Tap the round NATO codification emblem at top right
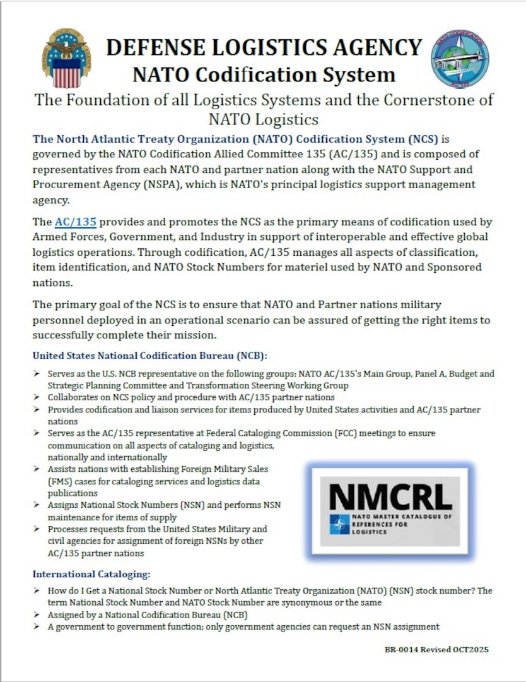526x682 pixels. tap(459, 59)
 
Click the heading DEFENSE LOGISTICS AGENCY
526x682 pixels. tap(264, 47)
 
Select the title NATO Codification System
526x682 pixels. tap(264, 75)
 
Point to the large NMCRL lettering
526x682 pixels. tap(390, 497)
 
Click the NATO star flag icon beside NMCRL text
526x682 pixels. tap(339, 524)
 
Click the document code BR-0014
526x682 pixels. tap(402, 649)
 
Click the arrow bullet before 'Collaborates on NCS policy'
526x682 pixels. tap(38, 397)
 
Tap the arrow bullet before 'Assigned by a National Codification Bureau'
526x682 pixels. tap(38, 614)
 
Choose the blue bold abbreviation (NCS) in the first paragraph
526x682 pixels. tap(412, 138)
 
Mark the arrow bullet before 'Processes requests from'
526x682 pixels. tap(38, 529)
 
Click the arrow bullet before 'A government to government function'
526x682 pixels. tap(38, 626)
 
